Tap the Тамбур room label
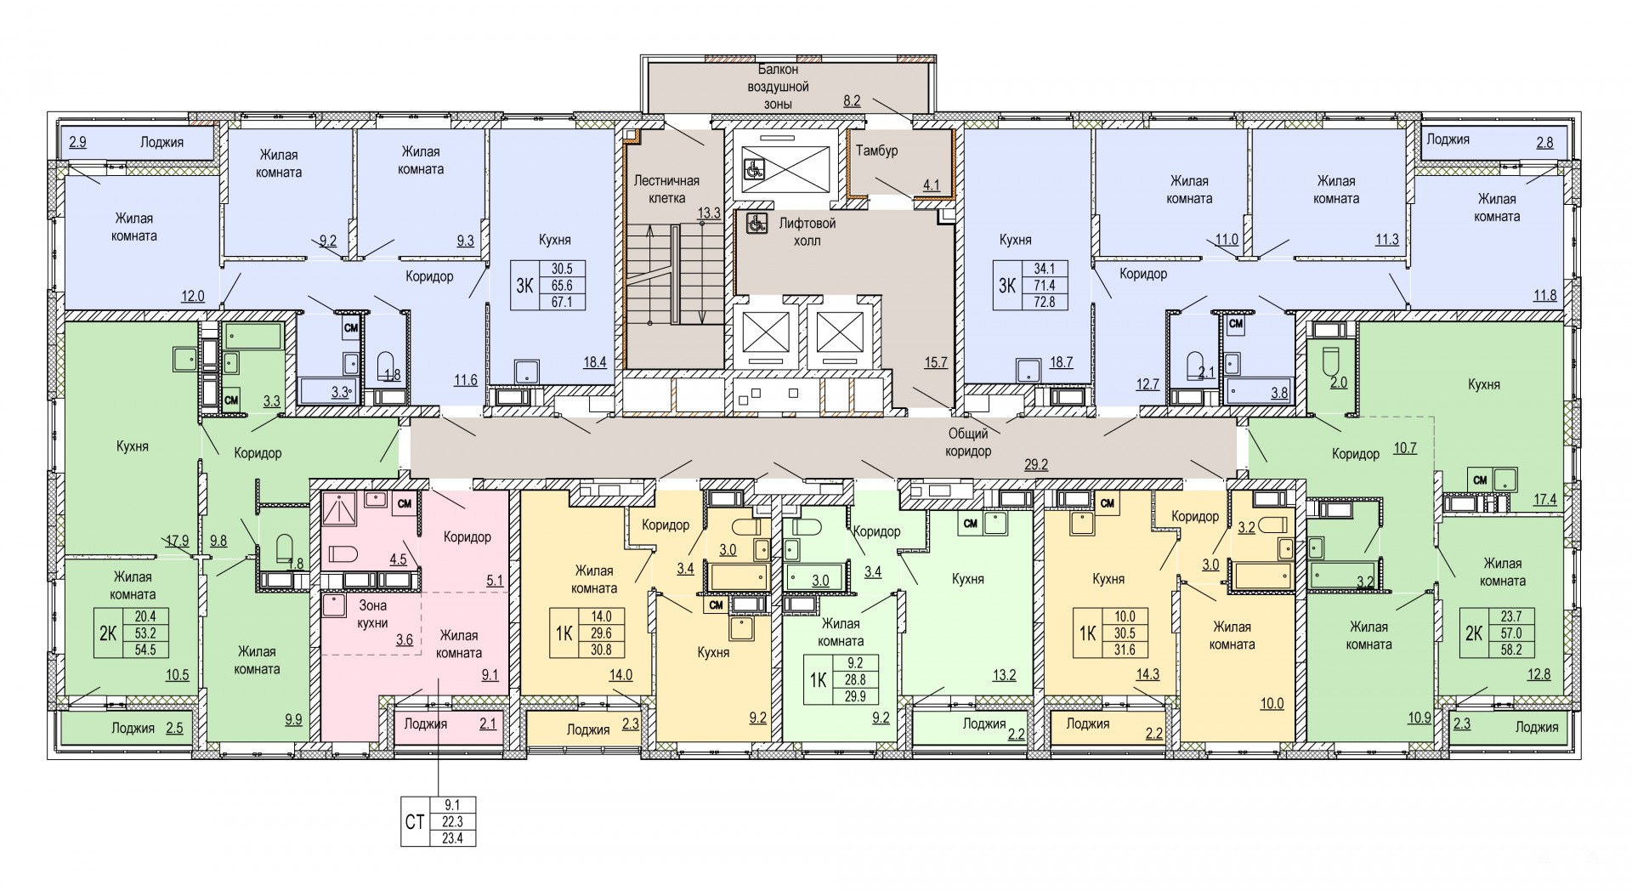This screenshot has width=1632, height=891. (877, 150)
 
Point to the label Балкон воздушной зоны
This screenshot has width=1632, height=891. (779, 87)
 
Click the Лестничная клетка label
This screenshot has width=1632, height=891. (666, 189)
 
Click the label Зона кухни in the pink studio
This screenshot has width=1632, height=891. (373, 614)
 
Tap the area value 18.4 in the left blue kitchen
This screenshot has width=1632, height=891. (593, 362)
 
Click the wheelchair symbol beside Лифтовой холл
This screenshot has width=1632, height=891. (752, 224)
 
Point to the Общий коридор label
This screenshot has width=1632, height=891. (968, 443)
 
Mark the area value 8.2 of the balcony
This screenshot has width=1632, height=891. (852, 100)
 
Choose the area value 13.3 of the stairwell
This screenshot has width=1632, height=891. (711, 212)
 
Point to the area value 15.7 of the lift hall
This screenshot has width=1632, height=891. (936, 362)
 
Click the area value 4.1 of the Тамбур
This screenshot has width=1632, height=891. (931, 184)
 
